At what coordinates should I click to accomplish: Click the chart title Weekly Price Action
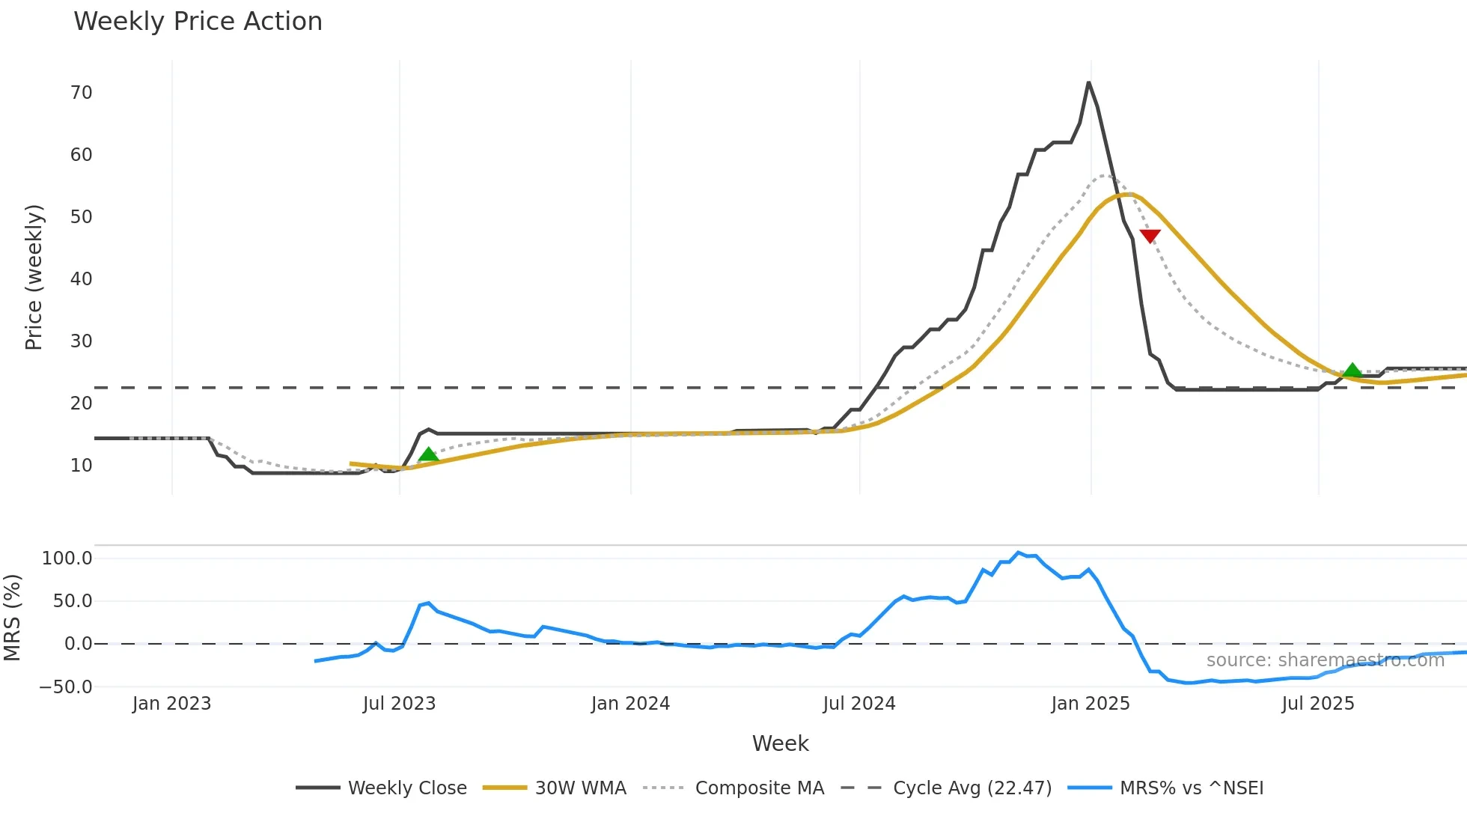(198, 22)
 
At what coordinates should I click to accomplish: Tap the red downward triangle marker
(1150, 237)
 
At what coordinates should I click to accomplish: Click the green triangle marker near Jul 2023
(428, 454)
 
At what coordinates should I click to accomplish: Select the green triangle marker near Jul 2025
(1352, 370)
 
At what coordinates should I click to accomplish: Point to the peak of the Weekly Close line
(1088, 83)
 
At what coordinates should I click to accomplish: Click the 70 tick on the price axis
(81, 93)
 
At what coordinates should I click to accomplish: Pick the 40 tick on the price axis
(81, 279)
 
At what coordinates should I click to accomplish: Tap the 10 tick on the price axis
(81, 466)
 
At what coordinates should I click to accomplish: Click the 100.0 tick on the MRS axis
(67, 558)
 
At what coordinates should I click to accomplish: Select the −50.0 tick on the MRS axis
(66, 687)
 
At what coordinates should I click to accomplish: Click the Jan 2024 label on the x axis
(630, 704)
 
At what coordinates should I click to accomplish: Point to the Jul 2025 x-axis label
(1317, 704)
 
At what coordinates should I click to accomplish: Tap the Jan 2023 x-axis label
(171, 704)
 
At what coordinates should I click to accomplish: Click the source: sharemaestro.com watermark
(1325, 660)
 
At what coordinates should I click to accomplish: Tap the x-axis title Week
(780, 743)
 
